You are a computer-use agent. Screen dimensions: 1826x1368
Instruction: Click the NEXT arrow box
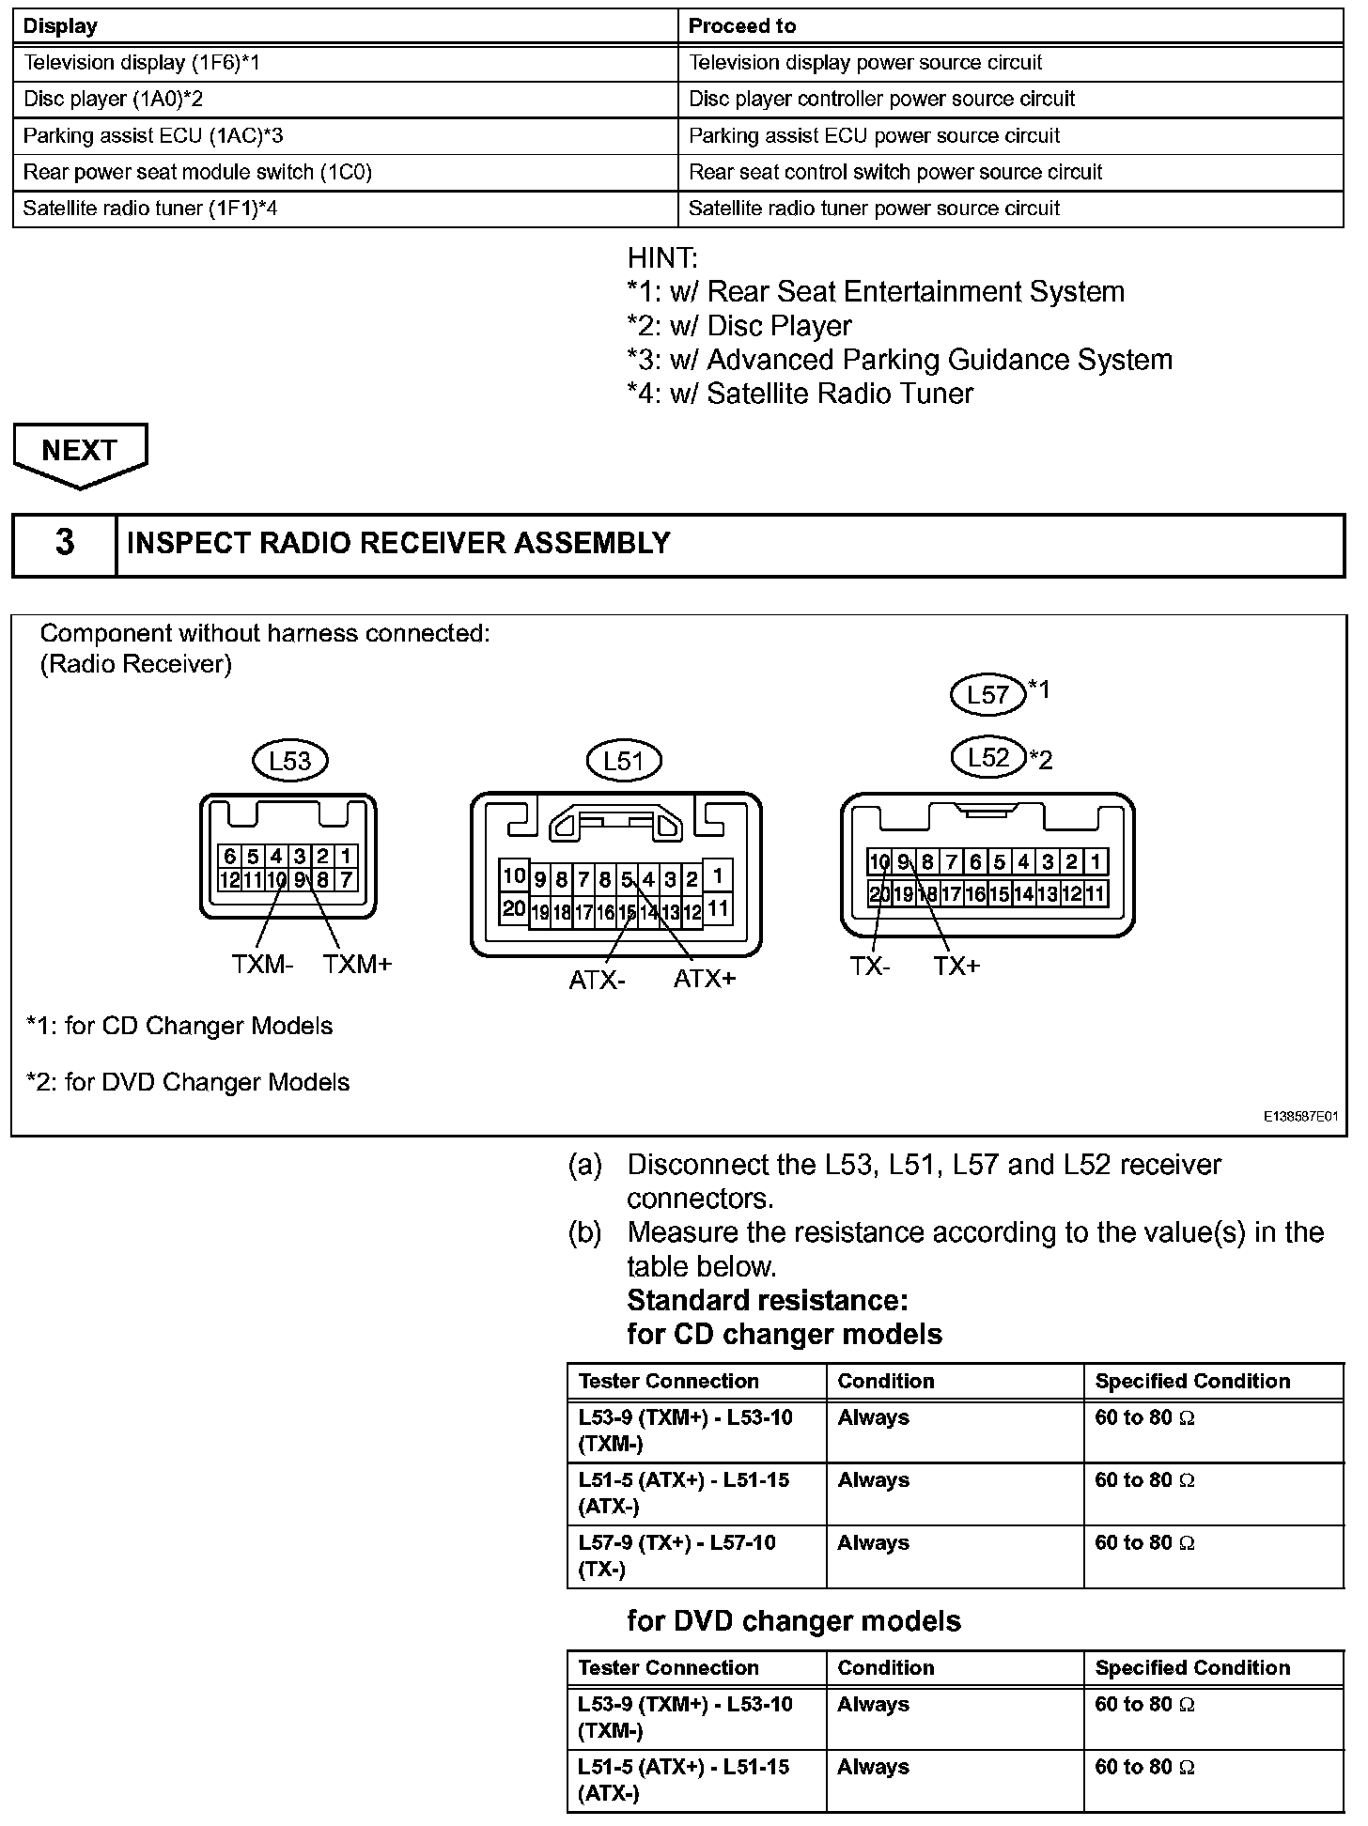80,452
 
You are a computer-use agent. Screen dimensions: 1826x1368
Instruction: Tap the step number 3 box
64,544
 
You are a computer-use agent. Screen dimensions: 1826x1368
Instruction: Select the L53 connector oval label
289,761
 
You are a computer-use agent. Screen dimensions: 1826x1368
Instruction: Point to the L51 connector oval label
623,761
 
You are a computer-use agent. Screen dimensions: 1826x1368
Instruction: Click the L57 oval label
987,694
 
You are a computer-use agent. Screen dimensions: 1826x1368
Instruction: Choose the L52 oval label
987,758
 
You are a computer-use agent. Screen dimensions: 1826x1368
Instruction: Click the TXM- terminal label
262,965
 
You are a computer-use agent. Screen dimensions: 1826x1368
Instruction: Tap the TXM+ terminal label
357,965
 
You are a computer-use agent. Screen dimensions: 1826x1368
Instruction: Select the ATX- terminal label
597,981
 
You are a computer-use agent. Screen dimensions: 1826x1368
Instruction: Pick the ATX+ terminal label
705,980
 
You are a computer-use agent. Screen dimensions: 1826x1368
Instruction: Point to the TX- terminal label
870,967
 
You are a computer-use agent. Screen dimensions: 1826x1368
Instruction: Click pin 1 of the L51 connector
718,876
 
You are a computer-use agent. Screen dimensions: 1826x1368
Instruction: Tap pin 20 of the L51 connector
513,908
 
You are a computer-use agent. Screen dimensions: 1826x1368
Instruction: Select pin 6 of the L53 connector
229,856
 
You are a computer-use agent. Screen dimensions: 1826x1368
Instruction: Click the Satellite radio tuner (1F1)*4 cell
150,209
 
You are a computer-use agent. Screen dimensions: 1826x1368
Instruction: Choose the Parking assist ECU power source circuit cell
874,136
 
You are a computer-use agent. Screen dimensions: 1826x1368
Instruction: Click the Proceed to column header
742,26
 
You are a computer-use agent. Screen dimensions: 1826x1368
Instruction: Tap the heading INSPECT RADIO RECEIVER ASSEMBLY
398,544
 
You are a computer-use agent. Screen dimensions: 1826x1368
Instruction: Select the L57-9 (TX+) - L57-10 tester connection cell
677,1555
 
